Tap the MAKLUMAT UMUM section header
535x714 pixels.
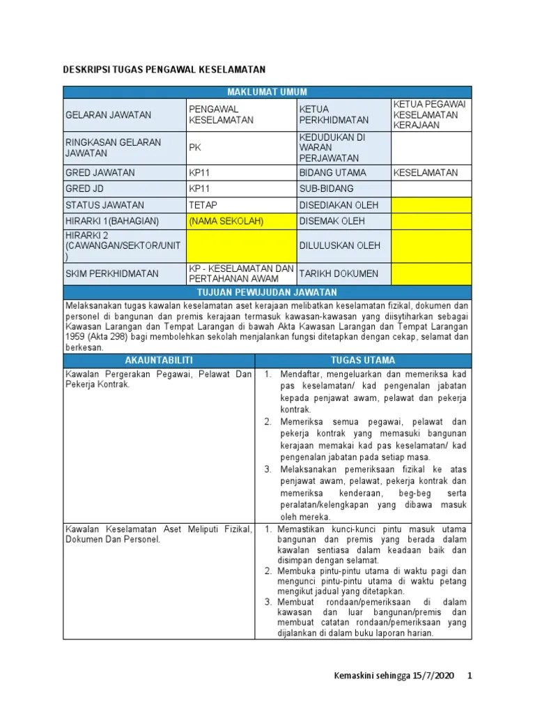(267, 92)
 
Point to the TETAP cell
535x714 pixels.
(203, 205)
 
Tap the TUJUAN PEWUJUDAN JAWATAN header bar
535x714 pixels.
(267, 291)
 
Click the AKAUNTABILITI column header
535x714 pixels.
(159, 360)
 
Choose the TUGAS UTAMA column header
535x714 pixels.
(363, 360)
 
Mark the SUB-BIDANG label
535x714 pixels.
(326, 188)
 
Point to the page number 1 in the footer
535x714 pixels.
(470, 676)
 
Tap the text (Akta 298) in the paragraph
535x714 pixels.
(106, 337)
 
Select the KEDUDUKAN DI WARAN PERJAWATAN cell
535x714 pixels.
(332, 147)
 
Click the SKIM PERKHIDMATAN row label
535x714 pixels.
(111, 273)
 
